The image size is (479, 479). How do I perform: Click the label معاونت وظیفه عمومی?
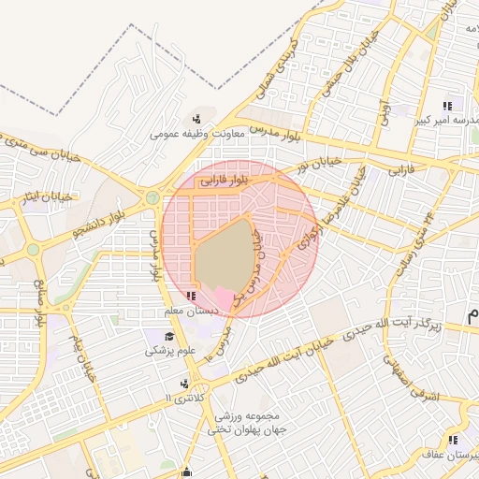[197, 134]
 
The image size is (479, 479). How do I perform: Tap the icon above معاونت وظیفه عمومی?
[196, 119]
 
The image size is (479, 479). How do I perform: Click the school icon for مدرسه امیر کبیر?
[448, 106]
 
